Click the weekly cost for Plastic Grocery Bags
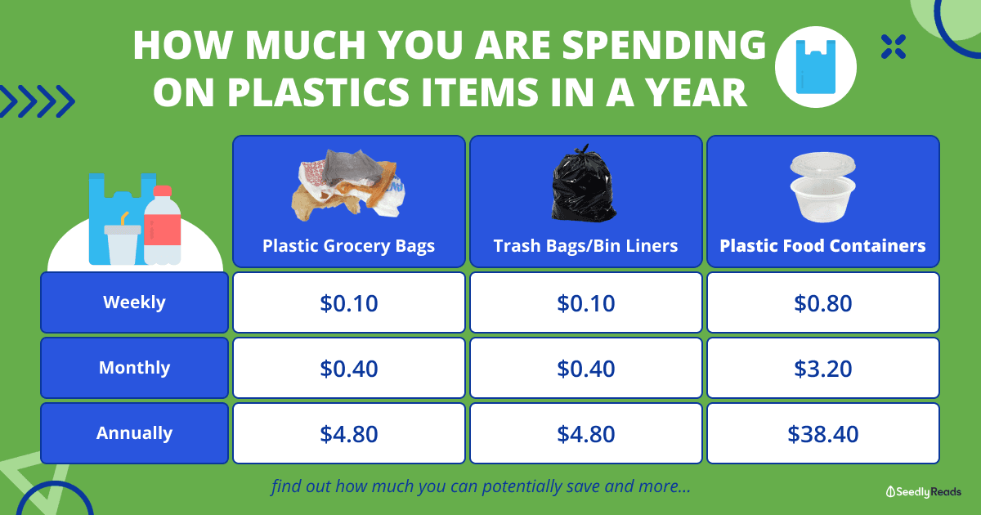(348, 303)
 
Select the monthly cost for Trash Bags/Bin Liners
(586, 369)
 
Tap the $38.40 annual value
(823, 434)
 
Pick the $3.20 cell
(823, 369)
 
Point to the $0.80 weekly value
(823, 303)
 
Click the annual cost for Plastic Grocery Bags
(348, 434)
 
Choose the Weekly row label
(134, 302)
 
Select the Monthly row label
(134, 367)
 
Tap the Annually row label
(134, 433)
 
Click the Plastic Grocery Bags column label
(348, 246)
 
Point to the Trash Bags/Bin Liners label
(585, 246)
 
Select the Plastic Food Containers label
(822, 246)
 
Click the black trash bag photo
(584, 182)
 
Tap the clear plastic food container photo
(823, 187)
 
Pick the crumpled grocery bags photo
(348, 185)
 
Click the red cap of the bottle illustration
(163, 190)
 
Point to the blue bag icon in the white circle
(816, 66)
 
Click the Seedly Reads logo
(923, 492)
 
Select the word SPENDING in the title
(664, 45)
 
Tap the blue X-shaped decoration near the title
(894, 47)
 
